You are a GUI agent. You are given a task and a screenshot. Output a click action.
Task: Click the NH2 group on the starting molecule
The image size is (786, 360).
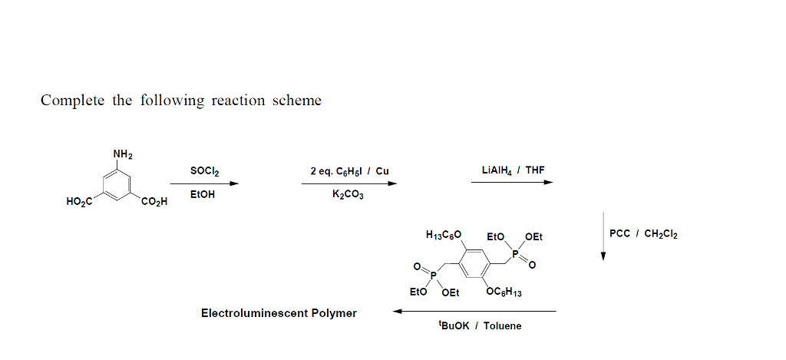click(x=123, y=154)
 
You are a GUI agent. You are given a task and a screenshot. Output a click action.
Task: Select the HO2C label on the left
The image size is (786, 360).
click(x=80, y=203)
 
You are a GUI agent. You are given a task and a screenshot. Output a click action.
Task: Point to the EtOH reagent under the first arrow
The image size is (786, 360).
click(x=203, y=195)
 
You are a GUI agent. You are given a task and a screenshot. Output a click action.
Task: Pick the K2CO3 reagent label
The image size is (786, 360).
click(x=348, y=195)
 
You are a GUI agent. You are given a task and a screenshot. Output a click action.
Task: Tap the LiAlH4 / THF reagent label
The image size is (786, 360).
click(x=513, y=170)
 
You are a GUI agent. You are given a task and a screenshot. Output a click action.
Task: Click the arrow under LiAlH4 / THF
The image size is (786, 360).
click(x=512, y=183)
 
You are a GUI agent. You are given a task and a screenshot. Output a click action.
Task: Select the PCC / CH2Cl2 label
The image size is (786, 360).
click(x=643, y=233)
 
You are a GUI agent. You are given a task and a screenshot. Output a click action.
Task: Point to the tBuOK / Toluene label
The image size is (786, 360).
click(x=479, y=326)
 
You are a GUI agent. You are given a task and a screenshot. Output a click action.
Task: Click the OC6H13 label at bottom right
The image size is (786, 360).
click(x=504, y=292)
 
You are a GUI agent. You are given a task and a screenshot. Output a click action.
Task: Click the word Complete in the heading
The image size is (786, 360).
click(x=72, y=101)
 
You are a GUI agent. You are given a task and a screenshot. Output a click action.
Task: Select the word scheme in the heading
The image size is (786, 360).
click(x=297, y=101)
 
